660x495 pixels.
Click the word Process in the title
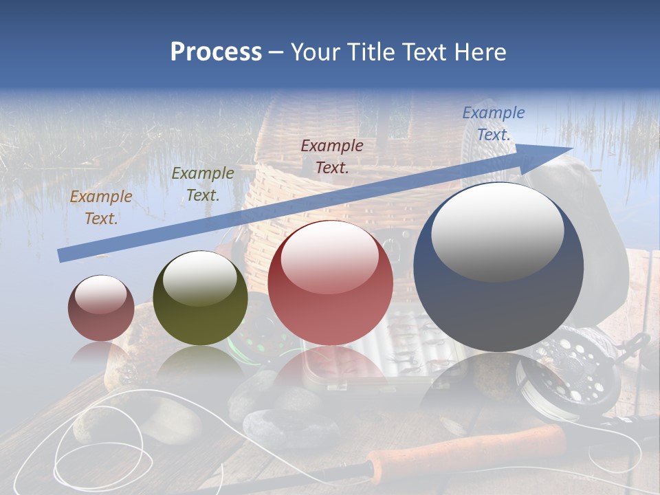pyautogui.click(x=216, y=52)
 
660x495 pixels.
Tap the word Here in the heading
pyautogui.click(x=480, y=52)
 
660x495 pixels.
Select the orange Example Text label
pyautogui.click(x=101, y=208)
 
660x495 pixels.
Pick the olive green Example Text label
pyautogui.click(x=202, y=184)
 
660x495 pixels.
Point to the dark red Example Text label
pyautogui.click(x=331, y=156)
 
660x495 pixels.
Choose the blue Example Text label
pyautogui.click(x=493, y=124)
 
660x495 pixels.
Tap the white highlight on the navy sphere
pyautogui.click(x=497, y=230)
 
